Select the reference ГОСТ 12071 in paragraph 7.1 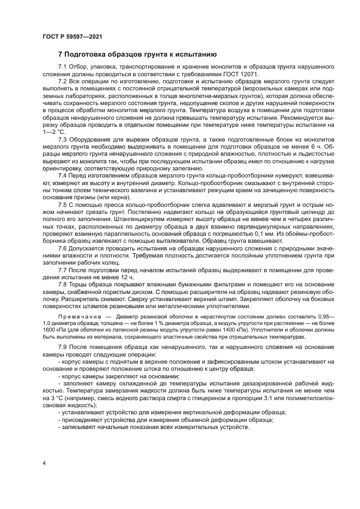tap(242, 73)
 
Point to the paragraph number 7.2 tap(63, 81)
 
